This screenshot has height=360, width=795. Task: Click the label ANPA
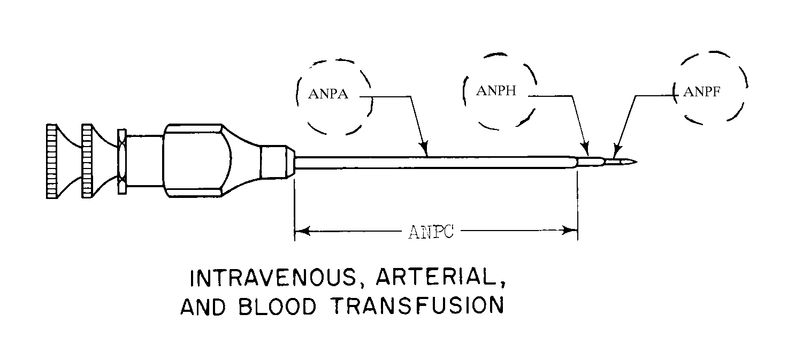(328, 95)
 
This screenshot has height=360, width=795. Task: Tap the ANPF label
(701, 91)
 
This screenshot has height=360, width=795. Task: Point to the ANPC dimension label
(431, 232)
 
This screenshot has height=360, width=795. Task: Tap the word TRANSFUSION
(418, 305)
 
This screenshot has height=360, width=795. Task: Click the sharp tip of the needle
(636, 161)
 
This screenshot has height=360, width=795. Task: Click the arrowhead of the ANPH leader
(586, 150)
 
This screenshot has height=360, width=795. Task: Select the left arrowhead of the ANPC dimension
(300, 231)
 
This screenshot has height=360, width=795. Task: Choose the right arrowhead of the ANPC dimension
(572, 231)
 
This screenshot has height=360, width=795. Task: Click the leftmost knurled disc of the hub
(52, 160)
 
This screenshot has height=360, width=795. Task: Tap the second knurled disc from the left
(87, 160)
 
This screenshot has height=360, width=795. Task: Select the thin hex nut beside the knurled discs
(121, 161)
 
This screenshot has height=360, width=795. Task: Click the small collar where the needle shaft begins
(276, 161)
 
